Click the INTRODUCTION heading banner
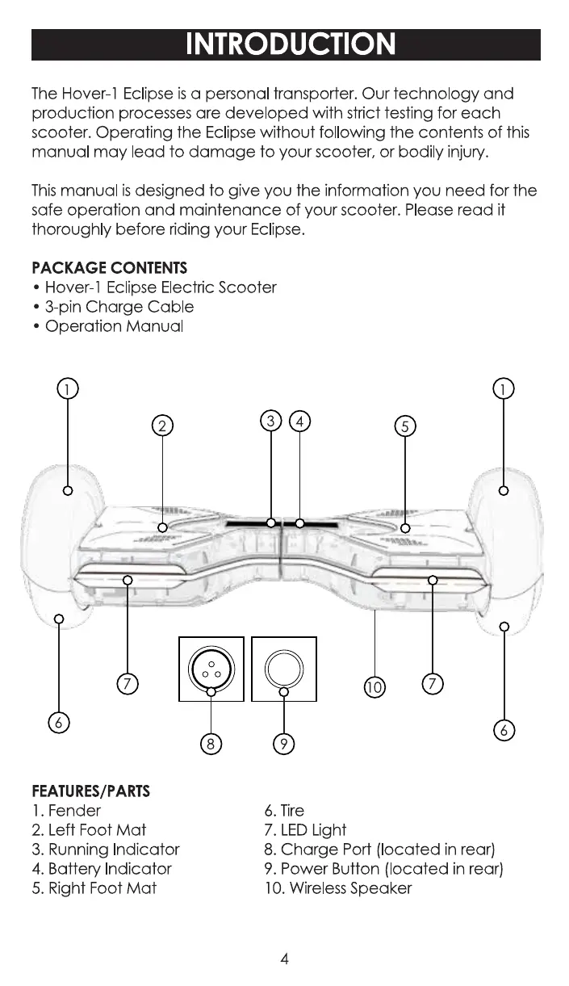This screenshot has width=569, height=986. click(x=286, y=44)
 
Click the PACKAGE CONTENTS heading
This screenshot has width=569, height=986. click(x=110, y=267)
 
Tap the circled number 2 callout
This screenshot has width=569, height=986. click(x=163, y=426)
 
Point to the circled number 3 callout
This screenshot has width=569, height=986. click(x=271, y=421)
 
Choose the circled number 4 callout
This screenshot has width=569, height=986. click(x=299, y=421)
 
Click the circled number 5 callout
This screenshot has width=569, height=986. click(x=405, y=426)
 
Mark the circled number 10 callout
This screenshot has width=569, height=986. click(x=374, y=687)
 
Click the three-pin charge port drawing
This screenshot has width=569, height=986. click(x=211, y=669)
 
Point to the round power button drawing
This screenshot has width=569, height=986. click(x=283, y=669)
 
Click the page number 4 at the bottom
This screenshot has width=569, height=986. click(x=285, y=959)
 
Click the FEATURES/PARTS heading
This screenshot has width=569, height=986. click(x=91, y=791)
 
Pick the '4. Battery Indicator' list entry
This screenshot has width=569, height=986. click(x=102, y=869)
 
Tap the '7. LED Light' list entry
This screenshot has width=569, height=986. click(x=305, y=830)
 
